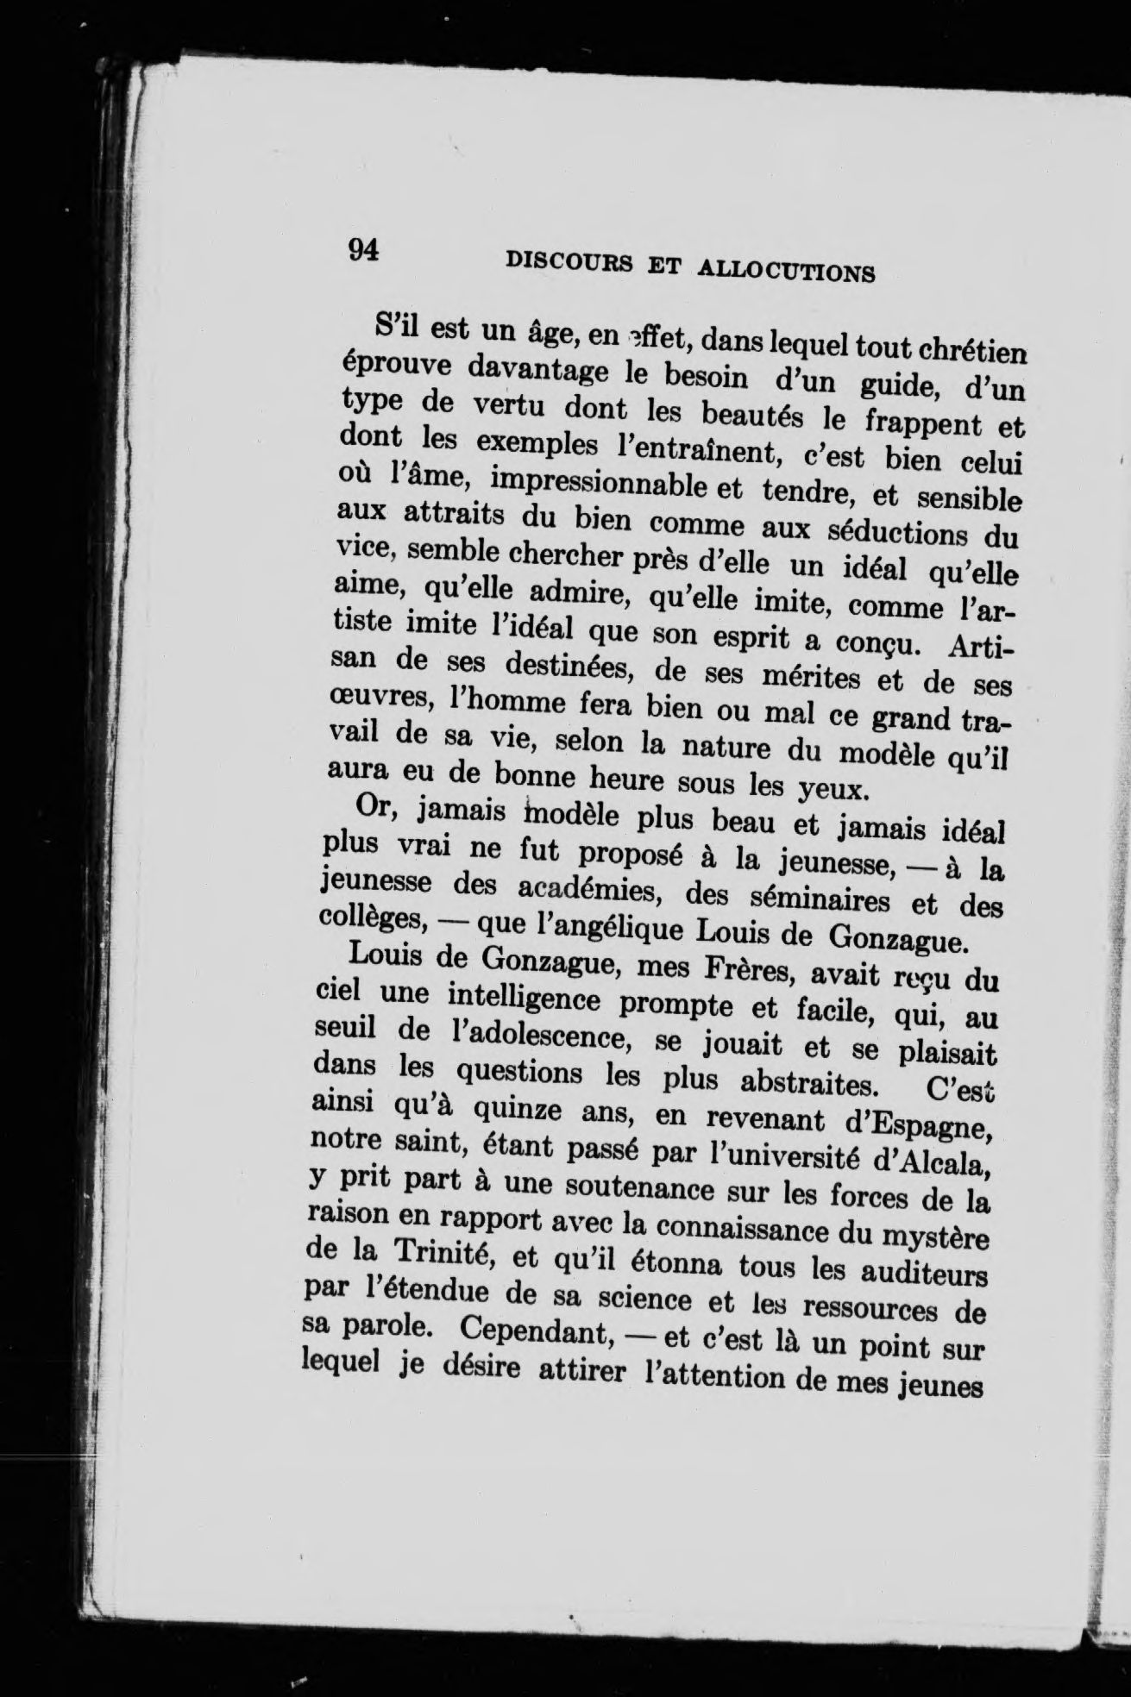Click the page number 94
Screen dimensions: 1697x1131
(363, 249)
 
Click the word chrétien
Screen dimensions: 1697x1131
(971, 353)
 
